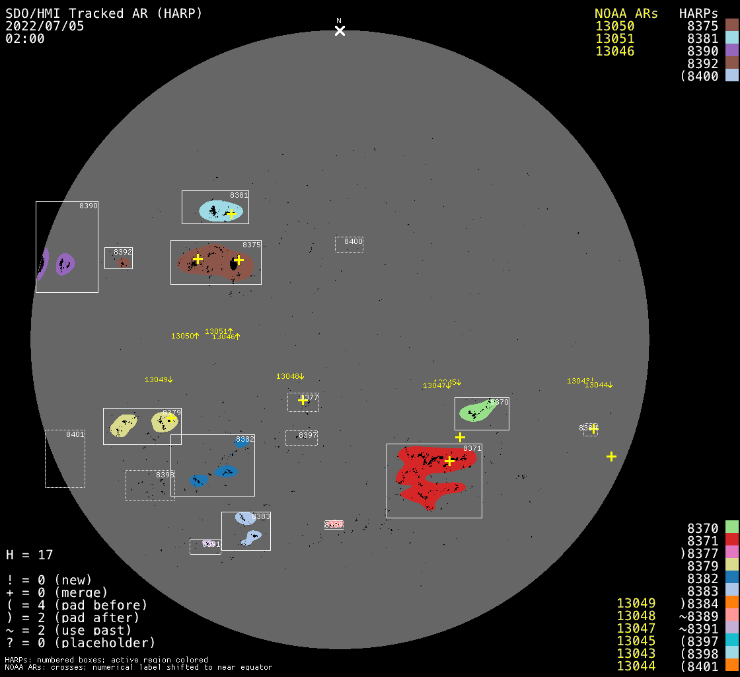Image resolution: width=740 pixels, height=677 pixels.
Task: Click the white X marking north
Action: click(x=340, y=30)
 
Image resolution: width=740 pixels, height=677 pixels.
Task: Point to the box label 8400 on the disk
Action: click(x=353, y=242)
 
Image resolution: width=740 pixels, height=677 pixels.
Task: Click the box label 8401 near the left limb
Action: click(x=75, y=434)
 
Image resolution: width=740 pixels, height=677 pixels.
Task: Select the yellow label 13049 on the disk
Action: click(x=156, y=379)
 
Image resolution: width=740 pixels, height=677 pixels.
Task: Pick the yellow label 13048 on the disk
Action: click(x=287, y=376)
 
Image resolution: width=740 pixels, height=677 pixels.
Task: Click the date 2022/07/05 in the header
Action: click(x=45, y=26)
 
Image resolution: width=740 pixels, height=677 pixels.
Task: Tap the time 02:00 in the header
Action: click(x=25, y=38)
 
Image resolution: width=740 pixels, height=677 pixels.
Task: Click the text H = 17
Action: click(x=29, y=555)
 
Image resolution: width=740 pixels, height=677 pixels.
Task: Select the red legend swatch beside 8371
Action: click(x=731, y=539)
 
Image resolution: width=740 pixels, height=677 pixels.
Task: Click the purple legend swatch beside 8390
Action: click(x=731, y=51)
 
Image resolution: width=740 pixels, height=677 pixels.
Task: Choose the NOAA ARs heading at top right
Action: click(x=626, y=14)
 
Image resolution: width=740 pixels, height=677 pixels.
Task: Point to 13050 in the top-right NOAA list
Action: click(x=614, y=26)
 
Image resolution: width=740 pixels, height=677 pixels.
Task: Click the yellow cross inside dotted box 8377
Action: click(x=303, y=400)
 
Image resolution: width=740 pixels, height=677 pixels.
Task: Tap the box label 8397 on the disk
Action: click(x=308, y=435)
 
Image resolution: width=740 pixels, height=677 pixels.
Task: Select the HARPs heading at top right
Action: click(x=698, y=14)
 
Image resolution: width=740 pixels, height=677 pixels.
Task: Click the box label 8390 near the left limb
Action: click(x=89, y=206)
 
